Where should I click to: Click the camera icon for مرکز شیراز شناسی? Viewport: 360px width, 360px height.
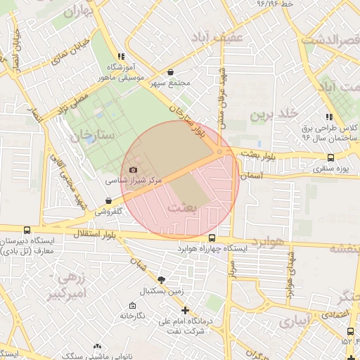tap(134, 170)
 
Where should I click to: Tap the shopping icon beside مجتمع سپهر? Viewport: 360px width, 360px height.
tap(171, 72)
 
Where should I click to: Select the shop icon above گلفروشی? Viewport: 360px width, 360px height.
tap(108, 200)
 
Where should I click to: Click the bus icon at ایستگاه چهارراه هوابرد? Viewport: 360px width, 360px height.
tap(213, 238)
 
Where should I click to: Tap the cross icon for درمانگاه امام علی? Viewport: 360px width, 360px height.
tap(185, 310)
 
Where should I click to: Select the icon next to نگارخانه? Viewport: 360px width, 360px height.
tap(132, 306)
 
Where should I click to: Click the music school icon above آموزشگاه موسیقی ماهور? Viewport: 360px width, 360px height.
tap(121, 56)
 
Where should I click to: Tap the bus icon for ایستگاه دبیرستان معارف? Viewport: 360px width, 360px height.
tap(27, 230)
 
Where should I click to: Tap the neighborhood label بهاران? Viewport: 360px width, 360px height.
tap(78, 12)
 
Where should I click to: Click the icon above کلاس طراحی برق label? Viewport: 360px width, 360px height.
tap(328, 117)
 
